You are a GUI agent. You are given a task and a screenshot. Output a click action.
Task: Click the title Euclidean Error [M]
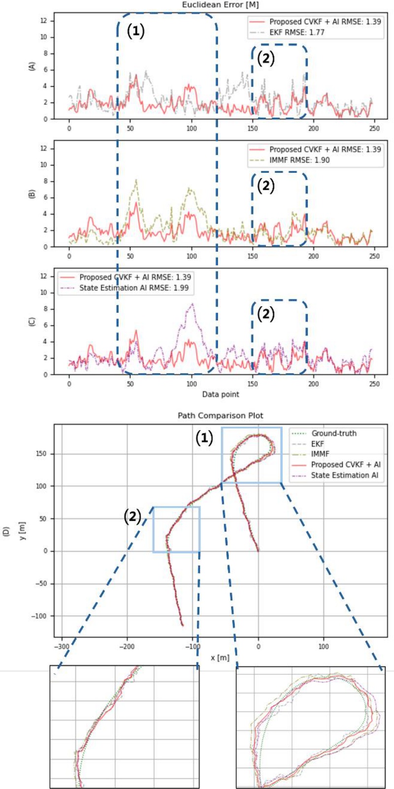[220, 5]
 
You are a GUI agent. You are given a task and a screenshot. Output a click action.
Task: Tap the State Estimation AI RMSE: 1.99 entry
[134, 288]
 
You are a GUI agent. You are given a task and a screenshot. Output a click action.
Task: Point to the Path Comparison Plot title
[220, 416]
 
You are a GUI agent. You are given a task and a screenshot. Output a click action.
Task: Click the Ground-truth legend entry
[333, 434]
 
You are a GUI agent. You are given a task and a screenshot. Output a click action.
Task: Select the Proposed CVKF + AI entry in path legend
[345, 465]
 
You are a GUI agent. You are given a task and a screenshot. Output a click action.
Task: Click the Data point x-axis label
[220, 394]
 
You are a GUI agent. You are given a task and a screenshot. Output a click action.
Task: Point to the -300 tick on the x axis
[62, 646]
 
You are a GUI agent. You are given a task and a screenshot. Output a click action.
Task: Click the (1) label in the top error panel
[136, 31]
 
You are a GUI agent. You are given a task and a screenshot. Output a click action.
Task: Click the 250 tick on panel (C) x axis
[374, 384]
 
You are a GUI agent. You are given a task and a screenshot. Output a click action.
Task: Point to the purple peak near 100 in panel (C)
[192, 304]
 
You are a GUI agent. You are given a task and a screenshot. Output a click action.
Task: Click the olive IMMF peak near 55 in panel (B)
[136, 180]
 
